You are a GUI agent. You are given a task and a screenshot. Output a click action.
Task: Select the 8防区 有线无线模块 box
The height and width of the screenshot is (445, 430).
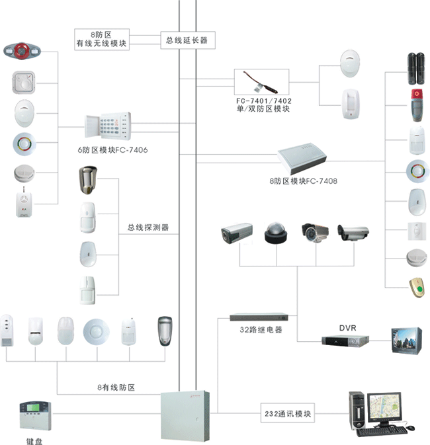tap(101, 39)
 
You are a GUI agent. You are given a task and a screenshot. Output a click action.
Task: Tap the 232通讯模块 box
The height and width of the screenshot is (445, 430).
tap(286, 415)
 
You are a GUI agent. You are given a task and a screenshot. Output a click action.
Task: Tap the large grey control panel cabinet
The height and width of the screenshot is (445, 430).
tap(187, 413)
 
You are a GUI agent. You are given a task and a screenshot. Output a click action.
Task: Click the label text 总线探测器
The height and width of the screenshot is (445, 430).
tap(148, 227)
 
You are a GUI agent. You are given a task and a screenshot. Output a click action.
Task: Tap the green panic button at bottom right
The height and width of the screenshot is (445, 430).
tap(416, 286)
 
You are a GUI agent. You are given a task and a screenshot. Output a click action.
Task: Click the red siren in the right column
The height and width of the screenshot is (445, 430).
tap(416, 103)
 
